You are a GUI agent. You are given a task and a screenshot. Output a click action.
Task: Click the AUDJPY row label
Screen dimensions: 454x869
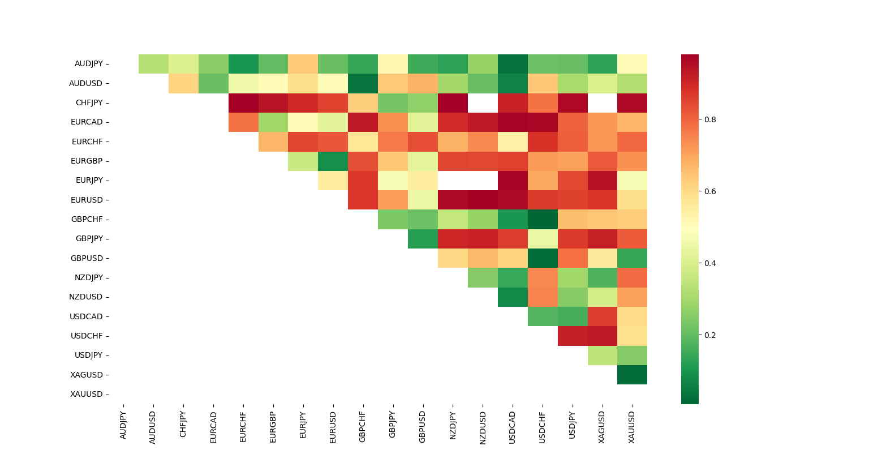point(89,64)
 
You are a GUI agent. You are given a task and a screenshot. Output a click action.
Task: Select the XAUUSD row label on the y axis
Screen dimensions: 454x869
point(87,394)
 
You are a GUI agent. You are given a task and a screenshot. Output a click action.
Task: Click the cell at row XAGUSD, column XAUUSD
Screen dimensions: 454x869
point(632,375)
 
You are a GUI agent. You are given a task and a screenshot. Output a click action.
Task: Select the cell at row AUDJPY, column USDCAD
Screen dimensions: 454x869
point(513,64)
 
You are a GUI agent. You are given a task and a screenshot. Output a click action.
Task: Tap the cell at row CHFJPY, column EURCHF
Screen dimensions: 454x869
point(243,102)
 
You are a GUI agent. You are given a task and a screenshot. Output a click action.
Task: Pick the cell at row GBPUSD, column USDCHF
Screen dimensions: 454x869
point(543,258)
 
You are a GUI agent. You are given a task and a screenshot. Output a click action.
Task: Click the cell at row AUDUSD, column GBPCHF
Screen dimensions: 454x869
point(363,83)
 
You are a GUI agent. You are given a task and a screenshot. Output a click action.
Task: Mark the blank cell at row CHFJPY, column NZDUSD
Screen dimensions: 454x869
point(483,102)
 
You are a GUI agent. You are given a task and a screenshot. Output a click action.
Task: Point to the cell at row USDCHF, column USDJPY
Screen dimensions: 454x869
point(573,336)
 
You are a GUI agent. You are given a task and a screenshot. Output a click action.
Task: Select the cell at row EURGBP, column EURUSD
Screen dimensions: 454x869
point(333,161)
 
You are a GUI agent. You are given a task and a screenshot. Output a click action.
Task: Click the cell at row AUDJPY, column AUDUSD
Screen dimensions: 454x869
point(153,64)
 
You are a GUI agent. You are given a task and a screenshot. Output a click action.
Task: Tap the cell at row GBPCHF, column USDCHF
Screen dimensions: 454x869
point(543,219)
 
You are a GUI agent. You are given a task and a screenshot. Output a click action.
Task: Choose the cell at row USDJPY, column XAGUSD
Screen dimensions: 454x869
point(602,355)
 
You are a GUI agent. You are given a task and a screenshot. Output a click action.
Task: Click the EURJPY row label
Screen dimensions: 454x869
point(89,181)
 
